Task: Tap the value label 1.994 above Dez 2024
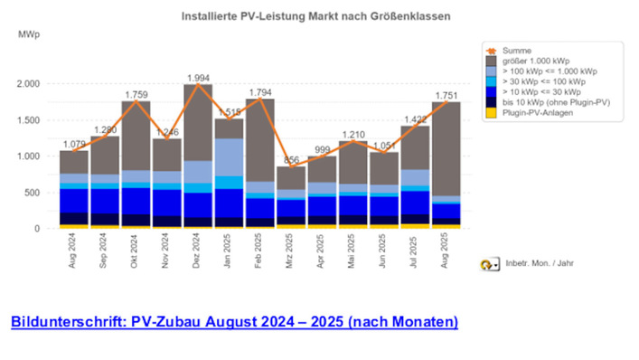click(198, 79)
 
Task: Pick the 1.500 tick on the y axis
click(28, 120)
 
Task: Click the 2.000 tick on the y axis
click(28, 84)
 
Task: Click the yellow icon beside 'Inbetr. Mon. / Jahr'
click(488, 265)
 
